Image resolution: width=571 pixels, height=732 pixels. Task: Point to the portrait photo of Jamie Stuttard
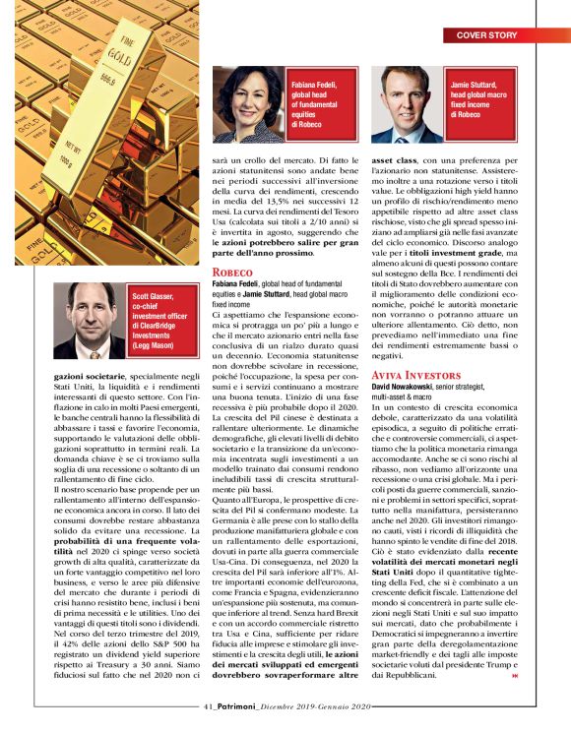click(407, 105)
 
